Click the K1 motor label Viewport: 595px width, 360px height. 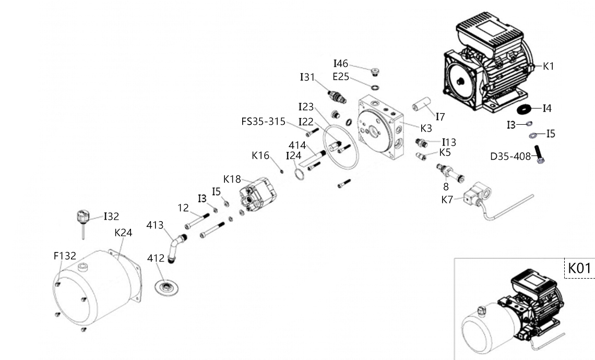(x=548, y=66)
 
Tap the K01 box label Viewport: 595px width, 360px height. (x=579, y=269)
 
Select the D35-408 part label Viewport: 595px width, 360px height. (x=510, y=156)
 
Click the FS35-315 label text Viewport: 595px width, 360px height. (x=263, y=122)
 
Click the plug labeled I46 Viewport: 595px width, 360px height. (x=373, y=71)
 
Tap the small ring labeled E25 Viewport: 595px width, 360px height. (x=375, y=86)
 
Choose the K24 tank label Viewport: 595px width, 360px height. (x=123, y=233)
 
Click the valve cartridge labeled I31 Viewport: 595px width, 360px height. (x=337, y=97)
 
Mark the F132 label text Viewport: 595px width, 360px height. (x=65, y=256)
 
